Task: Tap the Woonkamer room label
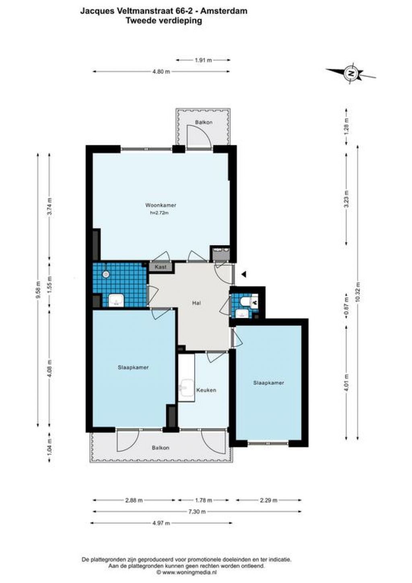pos(161,205)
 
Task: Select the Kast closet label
pos(161,267)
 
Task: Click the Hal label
pos(196,303)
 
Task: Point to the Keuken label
pos(206,390)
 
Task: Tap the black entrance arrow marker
pos(243,274)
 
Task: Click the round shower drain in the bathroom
pos(105,274)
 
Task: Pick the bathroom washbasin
pos(116,301)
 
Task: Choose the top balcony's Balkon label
pos(204,122)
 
